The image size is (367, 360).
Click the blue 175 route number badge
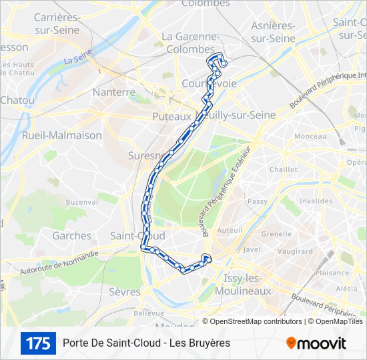click(38, 343)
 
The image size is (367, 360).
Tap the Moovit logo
click(316, 343)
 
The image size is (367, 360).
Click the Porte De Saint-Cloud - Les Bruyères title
click(146, 343)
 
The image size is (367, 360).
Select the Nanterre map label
click(114, 92)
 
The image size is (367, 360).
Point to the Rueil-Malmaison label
click(62, 135)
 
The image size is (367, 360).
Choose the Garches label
click(71, 235)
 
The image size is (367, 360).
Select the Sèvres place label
click(125, 291)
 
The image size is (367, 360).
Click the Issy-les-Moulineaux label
click(243, 284)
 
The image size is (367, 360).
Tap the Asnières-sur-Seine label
click(273, 32)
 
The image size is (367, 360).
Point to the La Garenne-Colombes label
click(191, 42)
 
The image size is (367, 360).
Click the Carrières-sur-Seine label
click(56, 24)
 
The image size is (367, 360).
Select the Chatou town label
click(17, 100)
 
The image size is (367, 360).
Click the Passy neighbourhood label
click(257, 201)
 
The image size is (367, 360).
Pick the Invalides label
click(316, 201)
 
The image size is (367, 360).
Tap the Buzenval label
click(81, 201)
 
